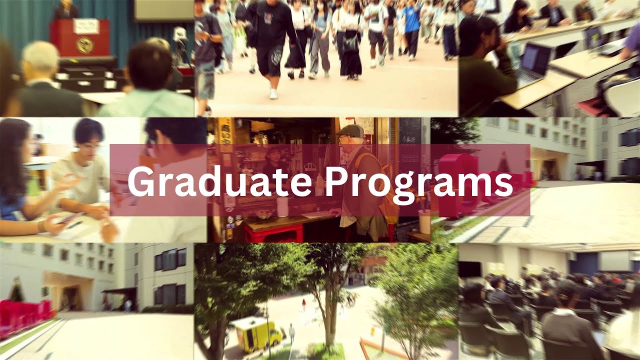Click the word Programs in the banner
pos(418,182)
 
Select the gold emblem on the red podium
pos(84,45)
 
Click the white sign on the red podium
pos(85,25)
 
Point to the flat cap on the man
pos(349,131)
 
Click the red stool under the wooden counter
pos(273,233)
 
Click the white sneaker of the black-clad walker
pos(273,93)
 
